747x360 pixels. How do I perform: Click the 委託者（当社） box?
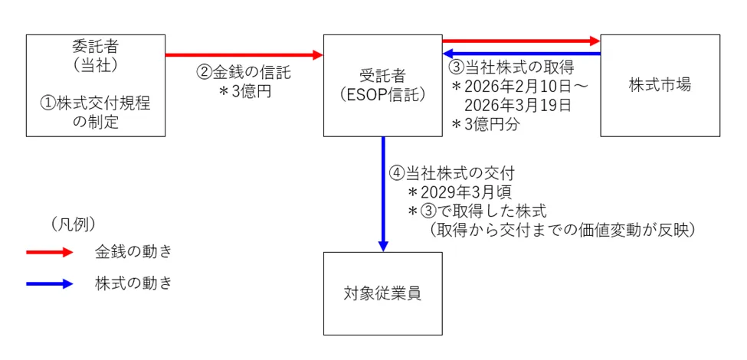point(95,85)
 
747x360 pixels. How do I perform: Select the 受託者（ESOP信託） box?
point(382,85)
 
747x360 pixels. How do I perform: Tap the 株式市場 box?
point(660,85)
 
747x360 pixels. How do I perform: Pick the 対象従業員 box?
point(382,293)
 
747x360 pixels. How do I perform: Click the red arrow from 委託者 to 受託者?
point(244,55)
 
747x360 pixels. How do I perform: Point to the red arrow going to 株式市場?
point(521,40)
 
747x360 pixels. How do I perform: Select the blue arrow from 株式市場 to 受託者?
point(521,54)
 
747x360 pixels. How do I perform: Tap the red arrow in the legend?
point(49,252)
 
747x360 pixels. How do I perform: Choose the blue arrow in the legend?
point(49,283)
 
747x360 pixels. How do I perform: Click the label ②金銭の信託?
point(244,73)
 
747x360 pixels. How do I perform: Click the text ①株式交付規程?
point(95,103)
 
